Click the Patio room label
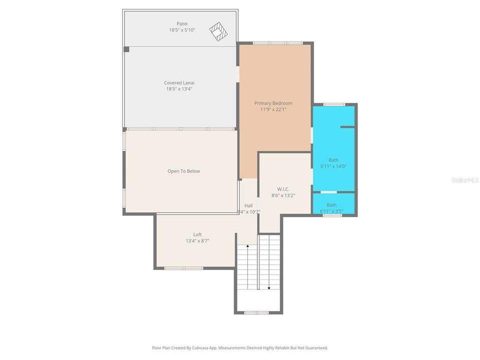181,23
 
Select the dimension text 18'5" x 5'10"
181,30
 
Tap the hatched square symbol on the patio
218,31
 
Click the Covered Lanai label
178,83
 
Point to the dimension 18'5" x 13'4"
179,89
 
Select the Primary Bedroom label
273,103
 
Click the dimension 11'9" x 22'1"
273,109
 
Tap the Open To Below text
183,171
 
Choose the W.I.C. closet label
283,189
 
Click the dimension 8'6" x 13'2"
283,195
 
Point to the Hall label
248,205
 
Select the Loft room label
197,234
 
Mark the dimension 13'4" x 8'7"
197,240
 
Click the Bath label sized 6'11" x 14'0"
333,160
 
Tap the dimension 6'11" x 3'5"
331,211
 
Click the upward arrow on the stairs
247,246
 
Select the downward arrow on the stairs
269,287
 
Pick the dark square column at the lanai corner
126,49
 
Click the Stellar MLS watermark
464,179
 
